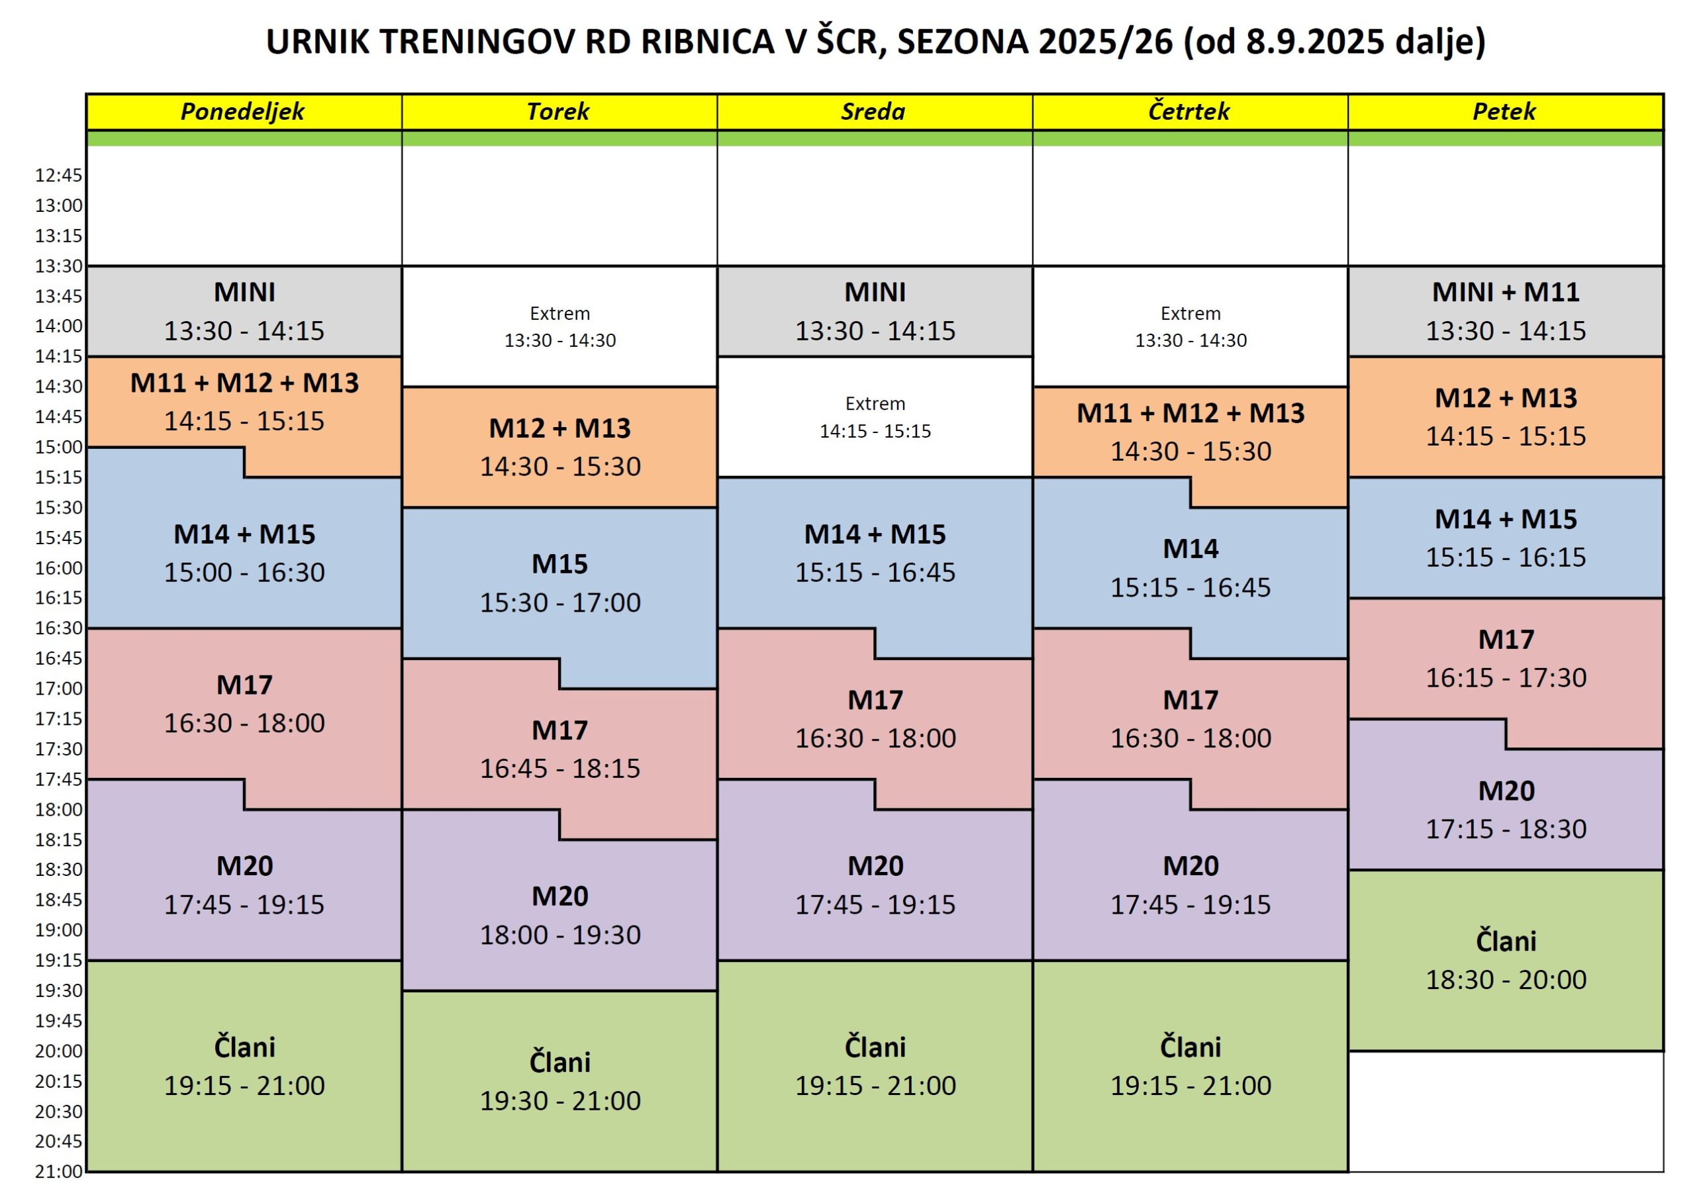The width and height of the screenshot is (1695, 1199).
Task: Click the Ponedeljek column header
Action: pos(243,111)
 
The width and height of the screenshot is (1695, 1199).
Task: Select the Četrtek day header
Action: pos(1188,111)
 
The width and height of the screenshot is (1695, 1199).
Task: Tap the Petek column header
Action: pos(1504,111)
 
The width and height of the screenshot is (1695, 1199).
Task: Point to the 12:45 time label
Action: pos(58,175)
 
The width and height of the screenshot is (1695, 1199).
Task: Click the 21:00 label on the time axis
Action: pos(58,1172)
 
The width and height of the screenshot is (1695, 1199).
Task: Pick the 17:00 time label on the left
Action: pos(58,689)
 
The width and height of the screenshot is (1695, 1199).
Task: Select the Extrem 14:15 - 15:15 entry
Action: pos(875,417)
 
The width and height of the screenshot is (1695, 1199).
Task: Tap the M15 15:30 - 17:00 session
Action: pos(559,583)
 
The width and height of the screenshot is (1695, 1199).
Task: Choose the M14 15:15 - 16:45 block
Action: pos(1190,568)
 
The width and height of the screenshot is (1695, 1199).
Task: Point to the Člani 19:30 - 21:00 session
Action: pos(559,1081)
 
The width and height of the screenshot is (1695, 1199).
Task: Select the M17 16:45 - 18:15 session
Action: pos(559,749)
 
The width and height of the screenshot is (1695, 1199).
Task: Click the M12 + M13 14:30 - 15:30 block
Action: pos(559,447)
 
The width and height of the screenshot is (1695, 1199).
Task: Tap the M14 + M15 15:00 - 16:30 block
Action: pos(244,553)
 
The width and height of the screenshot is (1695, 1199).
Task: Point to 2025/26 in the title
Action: pos(1105,42)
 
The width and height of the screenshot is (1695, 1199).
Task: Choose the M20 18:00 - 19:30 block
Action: pos(559,915)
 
